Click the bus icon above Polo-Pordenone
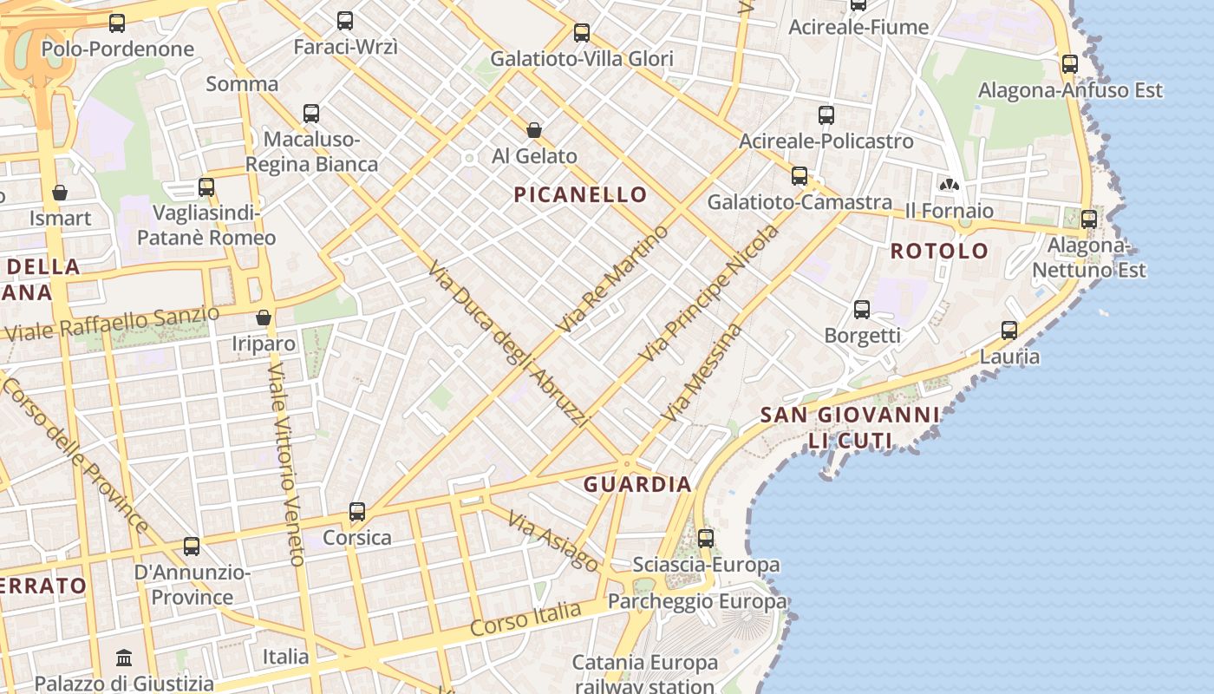(x=117, y=23)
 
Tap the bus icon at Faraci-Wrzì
(x=345, y=21)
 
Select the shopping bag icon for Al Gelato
(x=534, y=130)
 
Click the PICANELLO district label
(x=580, y=194)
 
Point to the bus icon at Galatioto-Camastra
(x=800, y=176)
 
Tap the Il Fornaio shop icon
(x=950, y=185)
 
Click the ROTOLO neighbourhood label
(x=939, y=252)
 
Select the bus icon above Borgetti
(x=862, y=309)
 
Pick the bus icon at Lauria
(x=1009, y=330)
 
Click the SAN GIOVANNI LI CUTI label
(x=850, y=428)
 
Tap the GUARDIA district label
(x=636, y=485)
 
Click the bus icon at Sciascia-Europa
(x=706, y=538)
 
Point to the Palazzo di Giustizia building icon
(x=124, y=657)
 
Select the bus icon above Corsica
(x=357, y=511)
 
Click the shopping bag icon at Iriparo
(x=264, y=318)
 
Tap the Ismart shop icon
(x=60, y=192)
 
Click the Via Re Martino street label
(x=614, y=278)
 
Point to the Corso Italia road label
(x=525, y=619)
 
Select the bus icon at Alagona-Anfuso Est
(x=1070, y=63)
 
